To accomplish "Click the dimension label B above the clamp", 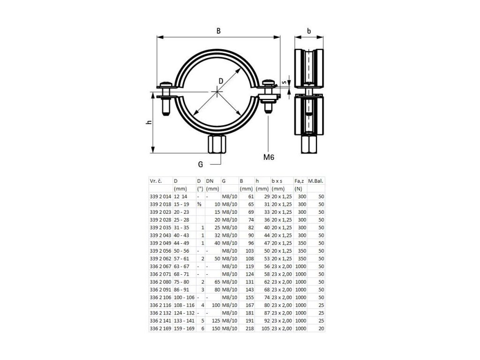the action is coord(218,30).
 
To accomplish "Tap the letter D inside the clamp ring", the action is coord(221,81).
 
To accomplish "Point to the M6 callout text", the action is coord(268,157).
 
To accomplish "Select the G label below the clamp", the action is coord(201,164).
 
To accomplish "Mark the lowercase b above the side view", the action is coord(309,31).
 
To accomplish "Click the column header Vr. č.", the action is coord(156,180).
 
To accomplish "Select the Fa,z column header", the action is coord(299,180).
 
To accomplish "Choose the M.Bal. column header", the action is coord(316,180).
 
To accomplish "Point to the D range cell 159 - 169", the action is coord(183,329).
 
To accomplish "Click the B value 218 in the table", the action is coord(249,329).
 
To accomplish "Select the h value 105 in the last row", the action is coord(266,329).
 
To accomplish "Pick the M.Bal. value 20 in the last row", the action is coord(321,329).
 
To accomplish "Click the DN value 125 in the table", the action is coord(215,321).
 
